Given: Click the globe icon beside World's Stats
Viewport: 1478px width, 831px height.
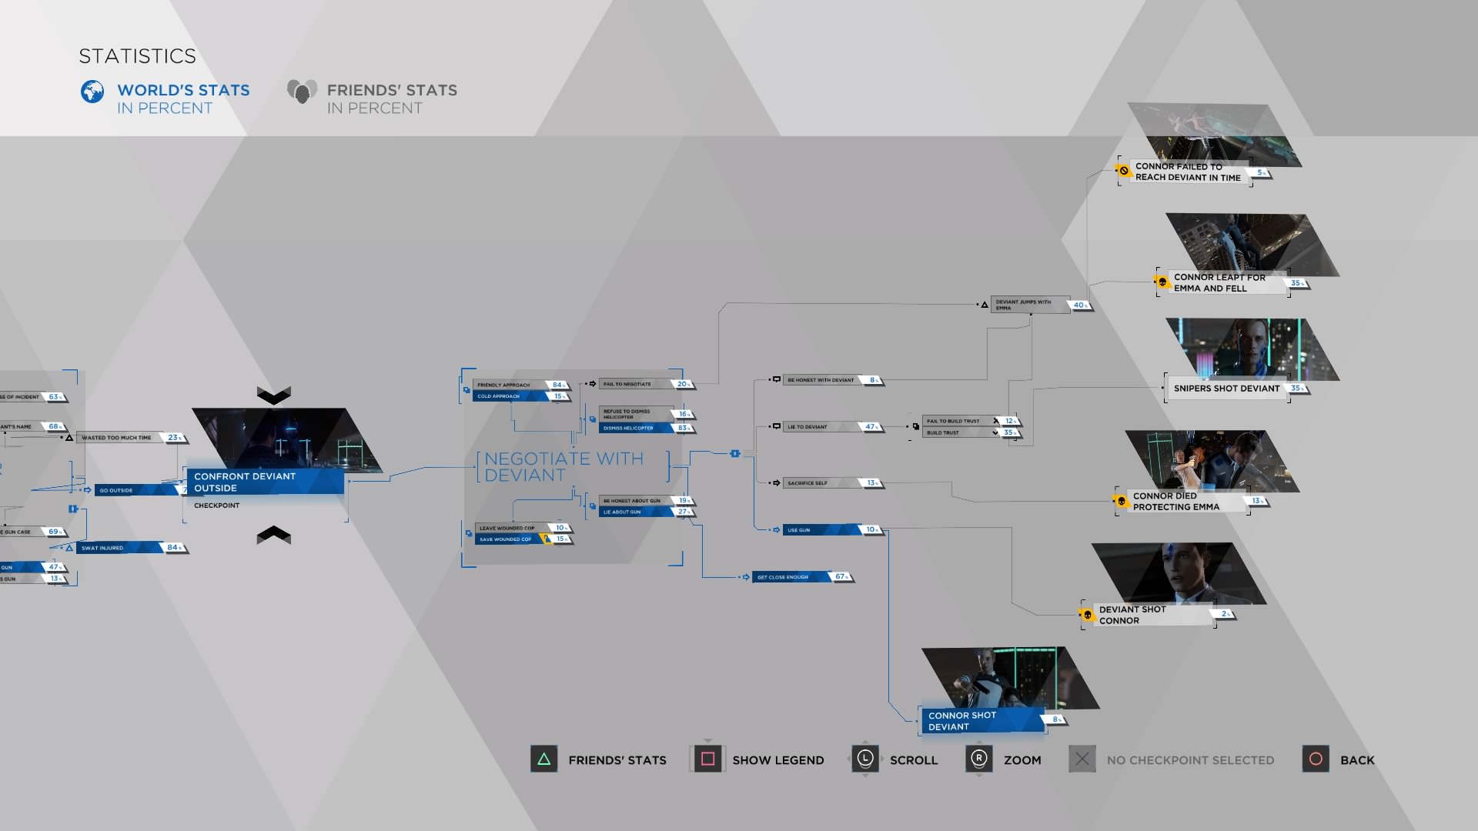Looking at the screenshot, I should pyautogui.click(x=92, y=92).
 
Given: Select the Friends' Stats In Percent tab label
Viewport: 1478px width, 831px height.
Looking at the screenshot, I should pyautogui.click(x=391, y=98).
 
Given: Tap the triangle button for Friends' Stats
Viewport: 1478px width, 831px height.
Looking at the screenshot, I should pyautogui.click(x=543, y=759).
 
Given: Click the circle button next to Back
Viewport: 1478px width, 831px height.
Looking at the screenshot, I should pyautogui.click(x=1316, y=759).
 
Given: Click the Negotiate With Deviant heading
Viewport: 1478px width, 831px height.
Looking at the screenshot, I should pyautogui.click(x=563, y=467).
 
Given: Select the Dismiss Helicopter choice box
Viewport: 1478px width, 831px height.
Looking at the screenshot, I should pyautogui.click(x=636, y=428).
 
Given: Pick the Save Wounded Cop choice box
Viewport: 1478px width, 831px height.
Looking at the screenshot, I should pyautogui.click(x=508, y=539).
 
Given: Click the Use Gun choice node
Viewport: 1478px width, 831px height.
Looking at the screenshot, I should pyautogui.click(x=821, y=530).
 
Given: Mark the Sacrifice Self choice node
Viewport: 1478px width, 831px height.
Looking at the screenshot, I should pyautogui.click(x=821, y=483).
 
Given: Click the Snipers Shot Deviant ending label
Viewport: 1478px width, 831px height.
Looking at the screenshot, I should pyautogui.click(x=1226, y=389).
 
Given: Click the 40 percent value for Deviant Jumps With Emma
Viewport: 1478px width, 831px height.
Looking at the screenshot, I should pyautogui.click(x=1080, y=305).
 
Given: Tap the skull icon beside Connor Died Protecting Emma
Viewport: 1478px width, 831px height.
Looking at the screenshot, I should pyautogui.click(x=1122, y=502).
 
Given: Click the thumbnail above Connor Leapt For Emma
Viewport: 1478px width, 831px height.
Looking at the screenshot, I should pyautogui.click(x=1252, y=243).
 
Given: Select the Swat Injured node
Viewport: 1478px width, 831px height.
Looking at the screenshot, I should pyautogui.click(x=119, y=548).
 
